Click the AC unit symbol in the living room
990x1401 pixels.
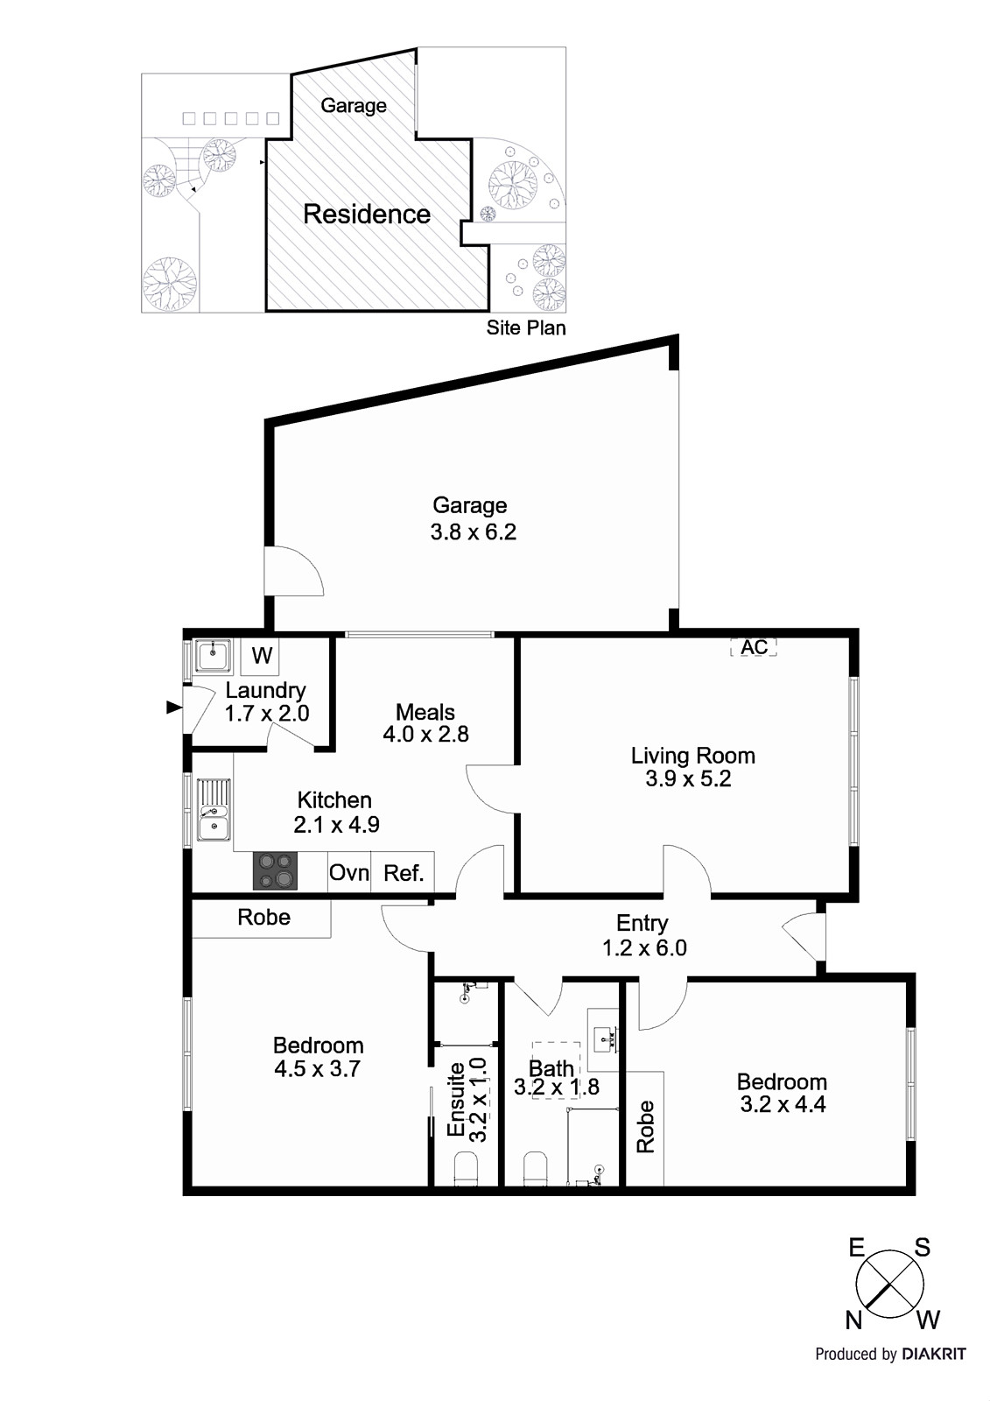point(754,647)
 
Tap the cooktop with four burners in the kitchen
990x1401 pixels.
point(275,871)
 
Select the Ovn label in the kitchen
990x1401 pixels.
point(348,873)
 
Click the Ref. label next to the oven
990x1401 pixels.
point(404,873)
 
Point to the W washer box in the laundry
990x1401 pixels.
point(263,655)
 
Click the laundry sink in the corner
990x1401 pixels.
point(212,655)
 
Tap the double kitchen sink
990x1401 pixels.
point(213,810)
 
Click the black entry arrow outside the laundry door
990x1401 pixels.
point(173,707)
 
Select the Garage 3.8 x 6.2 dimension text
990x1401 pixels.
point(473,532)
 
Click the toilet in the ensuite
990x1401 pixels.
point(466,1169)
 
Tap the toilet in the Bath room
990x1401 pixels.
point(536,1169)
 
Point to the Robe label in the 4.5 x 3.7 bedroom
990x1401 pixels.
point(263,917)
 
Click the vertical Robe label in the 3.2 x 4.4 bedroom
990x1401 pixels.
point(645,1126)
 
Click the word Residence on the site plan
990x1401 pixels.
point(367,215)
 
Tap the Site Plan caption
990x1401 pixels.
point(526,327)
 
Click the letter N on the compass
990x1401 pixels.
point(854,1320)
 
